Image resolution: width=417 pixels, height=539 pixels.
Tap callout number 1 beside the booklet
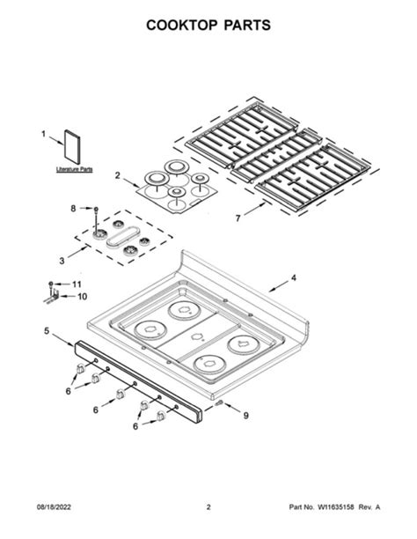[43, 134]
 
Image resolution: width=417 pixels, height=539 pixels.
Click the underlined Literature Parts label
[74, 168]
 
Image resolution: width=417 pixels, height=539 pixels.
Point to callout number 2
[117, 175]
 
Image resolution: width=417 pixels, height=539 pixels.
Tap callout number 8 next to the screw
[73, 208]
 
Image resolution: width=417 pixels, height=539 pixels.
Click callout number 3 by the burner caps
[61, 262]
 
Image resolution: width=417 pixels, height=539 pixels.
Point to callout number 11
[76, 284]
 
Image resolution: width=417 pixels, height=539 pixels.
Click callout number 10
[82, 297]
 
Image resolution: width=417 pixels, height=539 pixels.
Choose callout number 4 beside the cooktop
[294, 278]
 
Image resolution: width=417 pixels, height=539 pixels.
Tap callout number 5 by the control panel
[46, 331]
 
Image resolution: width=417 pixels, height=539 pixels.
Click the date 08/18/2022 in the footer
[54, 507]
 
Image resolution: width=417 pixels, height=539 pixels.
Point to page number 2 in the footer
[208, 507]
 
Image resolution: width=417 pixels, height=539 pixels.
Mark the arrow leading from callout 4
[276, 284]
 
